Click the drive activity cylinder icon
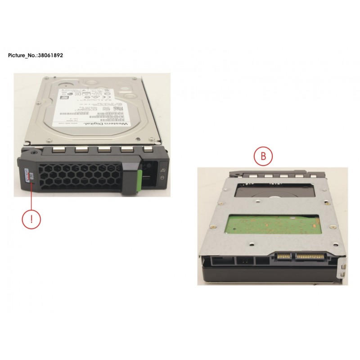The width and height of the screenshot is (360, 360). tap(162, 179)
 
